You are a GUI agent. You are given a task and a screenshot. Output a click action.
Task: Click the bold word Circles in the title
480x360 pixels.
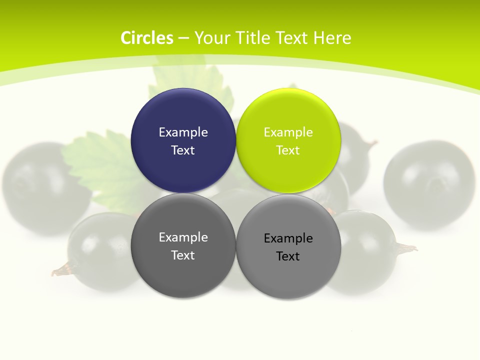pyautogui.click(x=147, y=38)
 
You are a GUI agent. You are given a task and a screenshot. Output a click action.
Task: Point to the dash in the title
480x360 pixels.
pyautogui.click(x=183, y=38)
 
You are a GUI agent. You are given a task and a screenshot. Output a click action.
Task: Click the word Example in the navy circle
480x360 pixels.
pyautogui.click(x=183, y=132)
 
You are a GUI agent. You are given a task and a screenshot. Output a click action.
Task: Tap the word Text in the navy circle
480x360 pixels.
pyautogui.click(x=183, y=150)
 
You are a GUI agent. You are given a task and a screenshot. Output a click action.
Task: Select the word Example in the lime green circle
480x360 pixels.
pyautogui.click(x=288, y=132)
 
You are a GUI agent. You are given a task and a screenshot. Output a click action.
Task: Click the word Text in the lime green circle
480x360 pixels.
pyautogui.click(x=288, y=150)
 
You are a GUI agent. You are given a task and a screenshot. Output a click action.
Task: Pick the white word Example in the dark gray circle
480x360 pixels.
pyautogui.click(x=183, y=237)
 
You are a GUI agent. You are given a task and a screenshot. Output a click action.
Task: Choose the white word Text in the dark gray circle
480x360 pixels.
pyautogui.click(x=183, y=255)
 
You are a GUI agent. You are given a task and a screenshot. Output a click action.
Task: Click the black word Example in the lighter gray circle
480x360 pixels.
pyautogui.click(x=288, y=238)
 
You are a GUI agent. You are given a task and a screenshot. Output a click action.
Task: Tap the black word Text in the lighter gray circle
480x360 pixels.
pyautogui.click(x=288, y=256)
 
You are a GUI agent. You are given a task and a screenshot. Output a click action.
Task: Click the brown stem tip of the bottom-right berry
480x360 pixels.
pyautogui.click(x=408, y=248)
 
